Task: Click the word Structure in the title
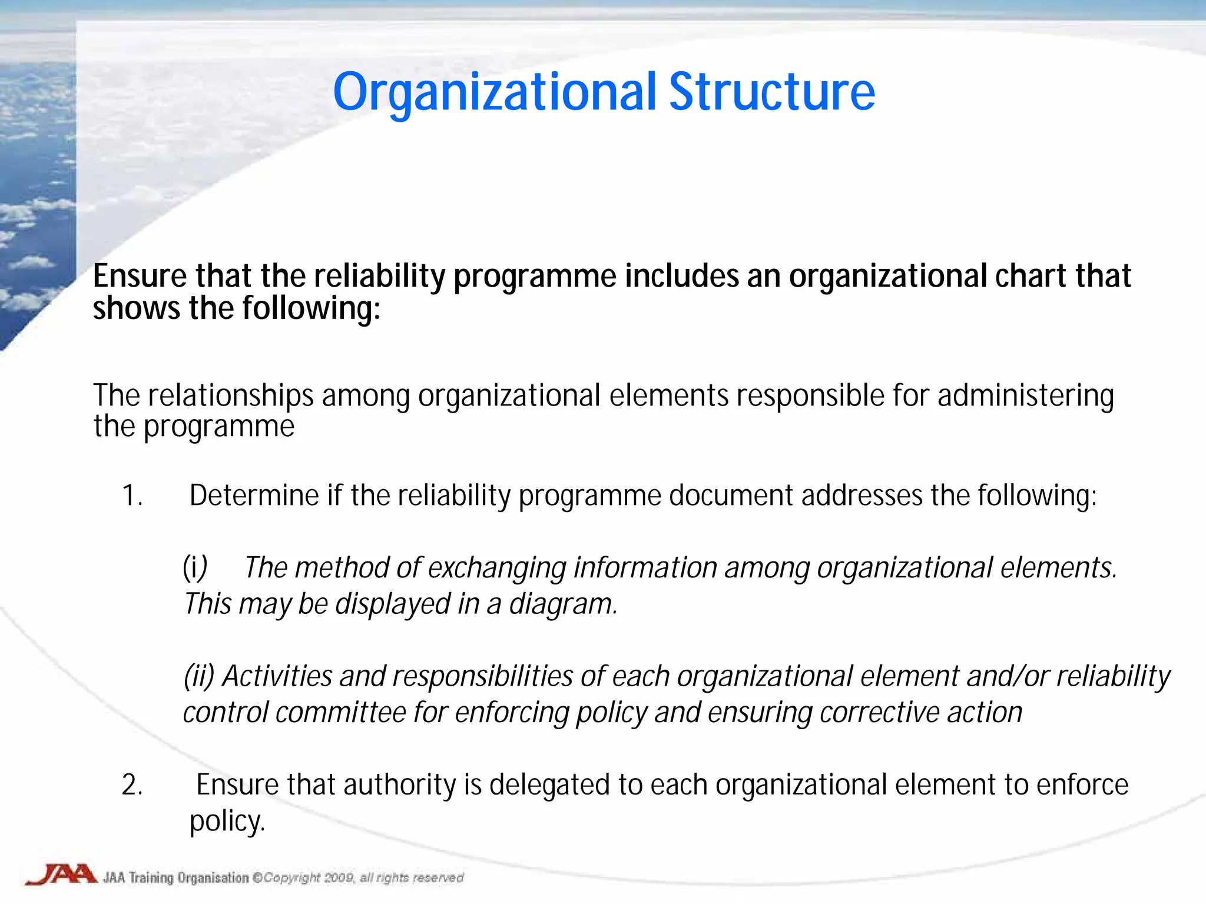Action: (x=772, y=92)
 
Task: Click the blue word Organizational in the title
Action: (x=494, y=93)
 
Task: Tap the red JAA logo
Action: (x=61, y=875)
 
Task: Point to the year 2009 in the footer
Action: (x=339, y=878)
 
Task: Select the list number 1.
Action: (x=131, y=496)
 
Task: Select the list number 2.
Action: (x=132, y=785)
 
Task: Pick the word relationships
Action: (x=230, y=395)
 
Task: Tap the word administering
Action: (x=1025, y=395)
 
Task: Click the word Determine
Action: (x=254, y=496)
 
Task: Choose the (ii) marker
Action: (x=199, y=676)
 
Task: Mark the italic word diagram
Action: (x=562, y=604)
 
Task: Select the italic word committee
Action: (x=340, y=713)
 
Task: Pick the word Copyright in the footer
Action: (x=291, y=878)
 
